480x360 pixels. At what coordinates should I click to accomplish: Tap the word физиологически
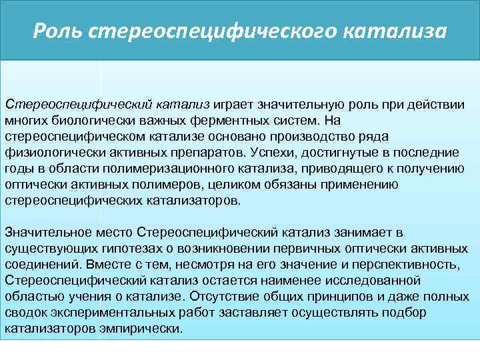tap(46, 152)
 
